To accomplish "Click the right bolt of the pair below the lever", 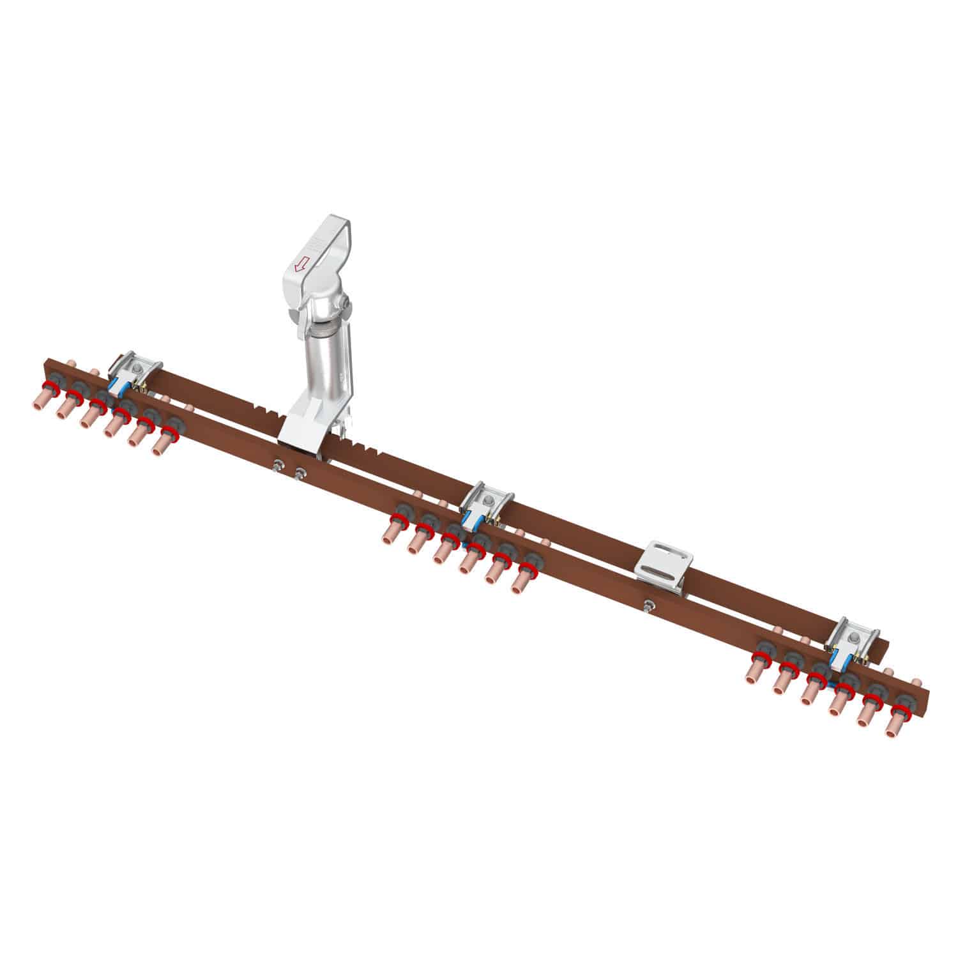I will pyautogui.click(x=299, y=473).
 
